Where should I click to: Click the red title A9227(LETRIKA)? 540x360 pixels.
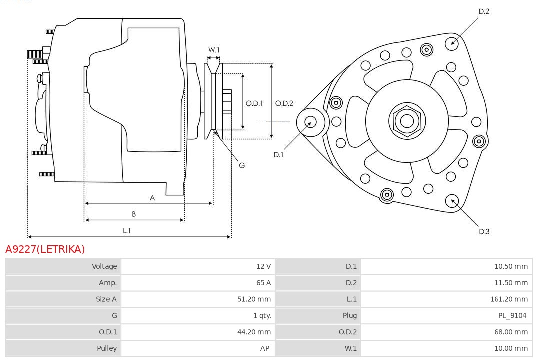tap(45, 249)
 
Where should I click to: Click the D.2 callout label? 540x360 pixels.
tap(484, 11)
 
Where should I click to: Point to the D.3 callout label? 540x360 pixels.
tap(484, 231)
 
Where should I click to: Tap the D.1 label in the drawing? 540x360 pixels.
tap(278, 155)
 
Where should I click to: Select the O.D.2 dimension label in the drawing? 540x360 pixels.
tap(284, 103)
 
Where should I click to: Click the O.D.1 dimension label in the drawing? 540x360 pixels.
tap(254, 103)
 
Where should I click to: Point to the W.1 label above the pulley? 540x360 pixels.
tap(214, 50)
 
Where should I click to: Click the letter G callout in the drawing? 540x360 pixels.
tap(242, 165)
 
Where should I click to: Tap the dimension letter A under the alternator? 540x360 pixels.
tap(152, 198)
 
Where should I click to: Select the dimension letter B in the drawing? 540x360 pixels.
tap(134, 214)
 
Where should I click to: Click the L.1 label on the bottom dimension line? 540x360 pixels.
tap(127, 230)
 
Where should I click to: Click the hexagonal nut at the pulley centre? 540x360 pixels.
tap(407, 121)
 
